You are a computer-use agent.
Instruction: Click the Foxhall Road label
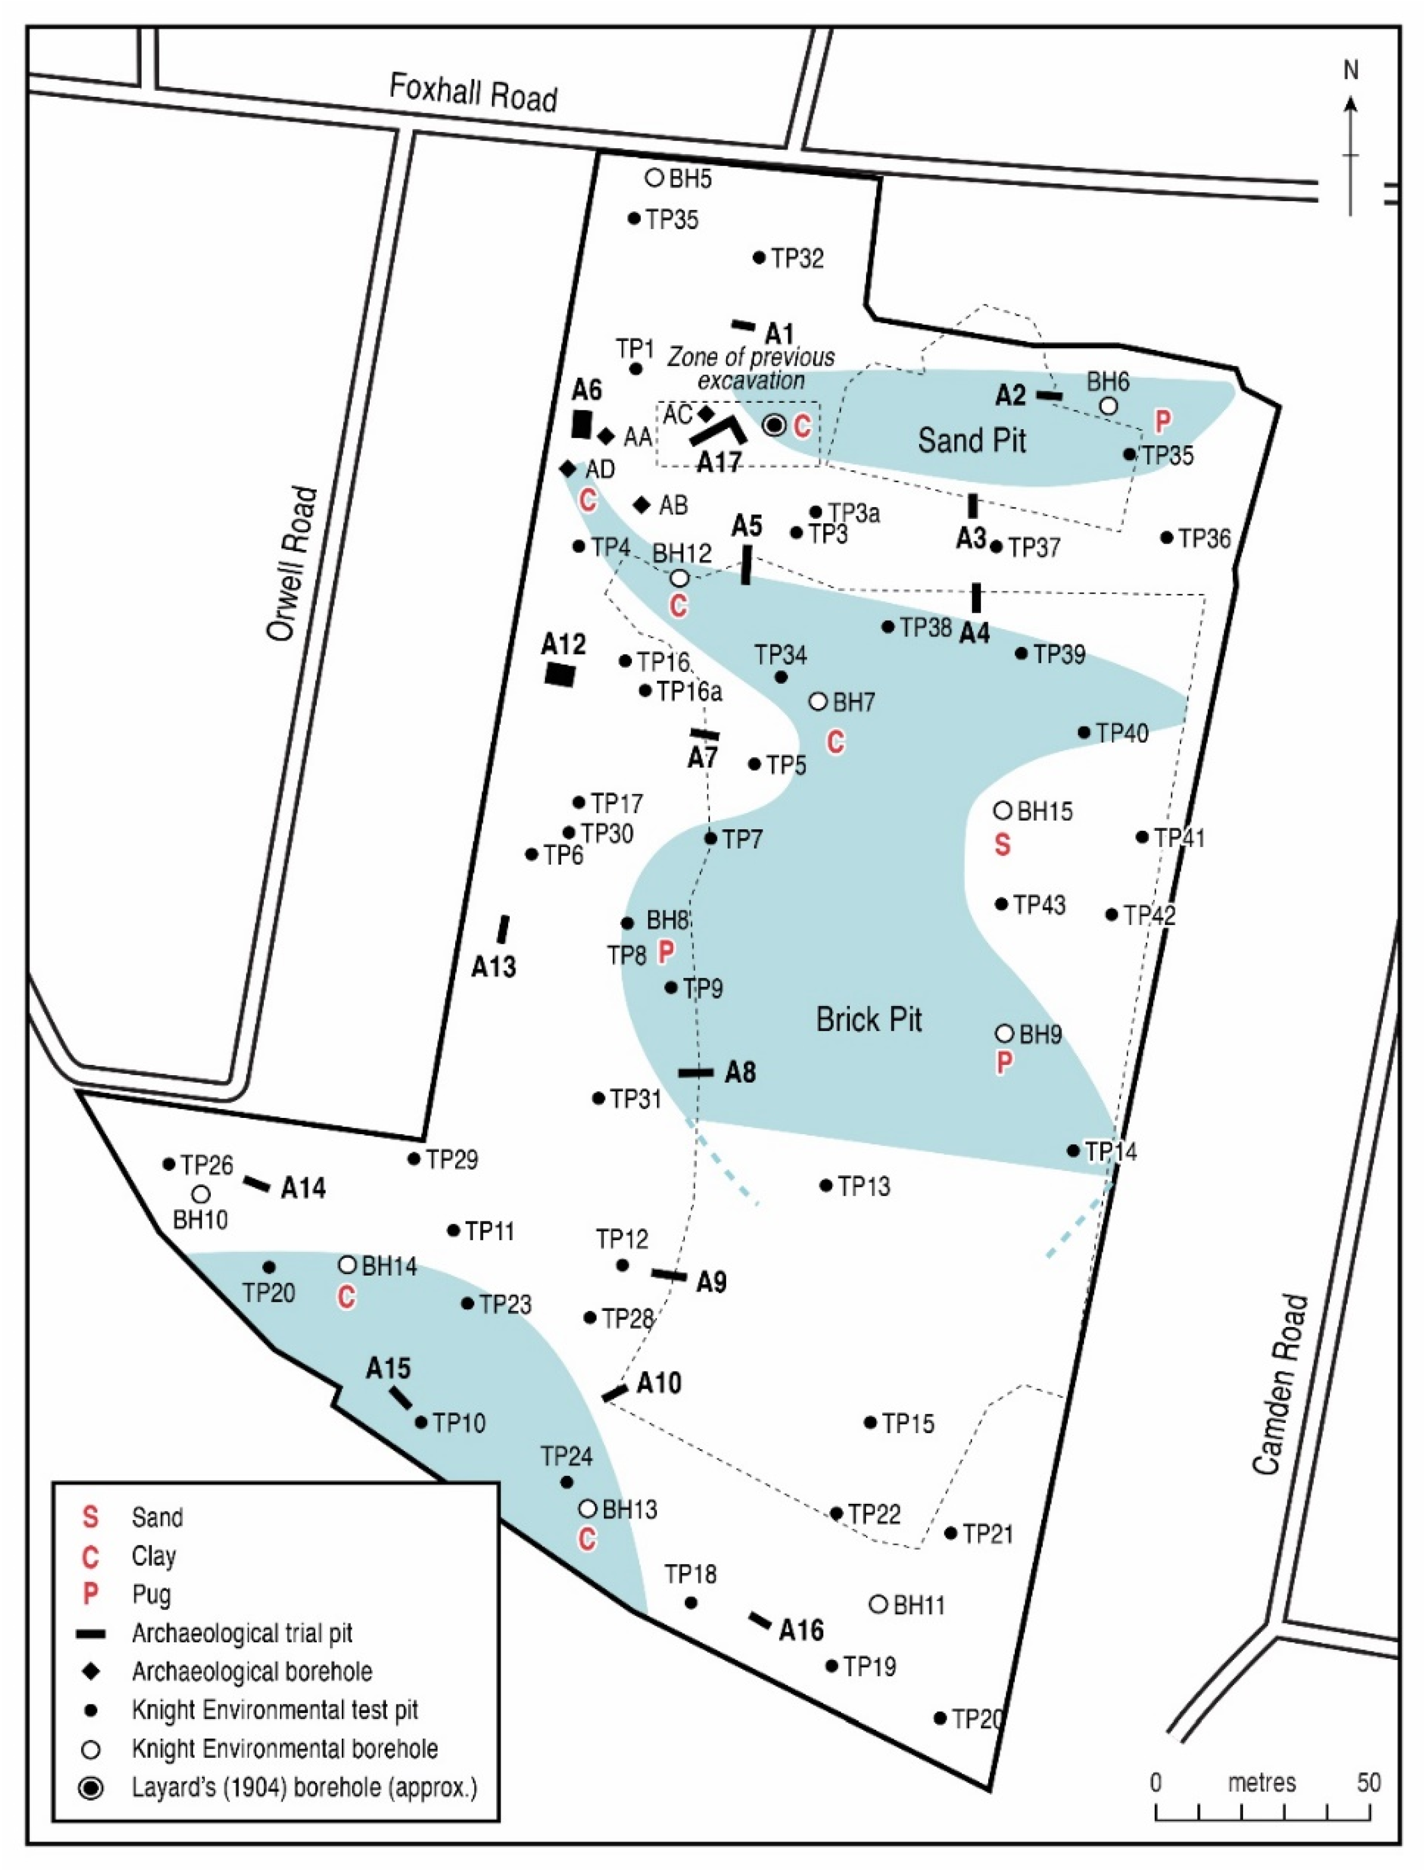coord(473,93)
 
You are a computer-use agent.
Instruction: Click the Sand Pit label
coord(971,440)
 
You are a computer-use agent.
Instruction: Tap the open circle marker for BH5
coord(654,178)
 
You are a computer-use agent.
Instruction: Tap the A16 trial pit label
coord(801,1630)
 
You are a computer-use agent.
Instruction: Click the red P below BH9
coord(1003,1063)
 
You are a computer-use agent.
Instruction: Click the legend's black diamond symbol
coord(91,1670)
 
